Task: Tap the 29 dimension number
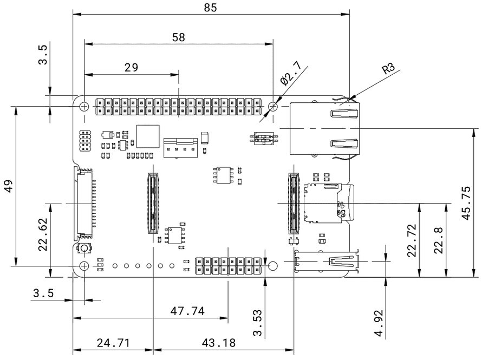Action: [x=131, y=67]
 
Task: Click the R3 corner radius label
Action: [x=388, y=69]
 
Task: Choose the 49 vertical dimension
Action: [x=8, y=186]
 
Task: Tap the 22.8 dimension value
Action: [x=439, y=240]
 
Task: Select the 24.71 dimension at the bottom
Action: [x=113, y=343]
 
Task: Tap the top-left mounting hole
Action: [x=84, y=106]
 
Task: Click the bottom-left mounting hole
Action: [x=84, y=265]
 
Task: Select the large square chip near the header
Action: [x=148, y=136]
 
